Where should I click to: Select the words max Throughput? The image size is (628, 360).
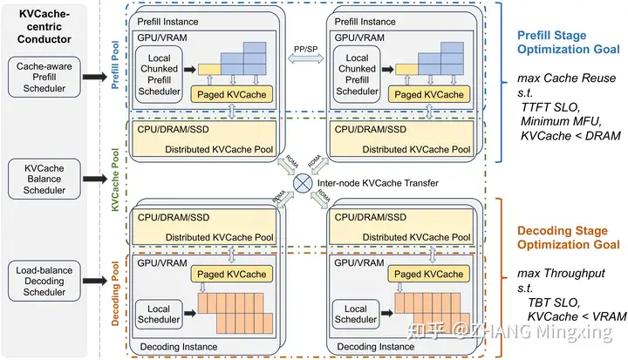point(550,275)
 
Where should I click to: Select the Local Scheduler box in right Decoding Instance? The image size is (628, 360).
point(355,315)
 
